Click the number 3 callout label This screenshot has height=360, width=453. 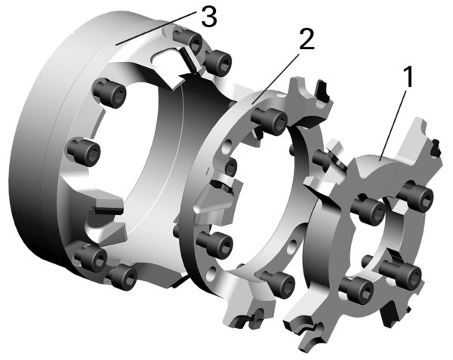(208, 16)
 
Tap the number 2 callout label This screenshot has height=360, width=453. (307, 38)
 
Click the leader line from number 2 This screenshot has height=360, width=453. (275, 78)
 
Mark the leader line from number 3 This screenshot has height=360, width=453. (155, 28)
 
